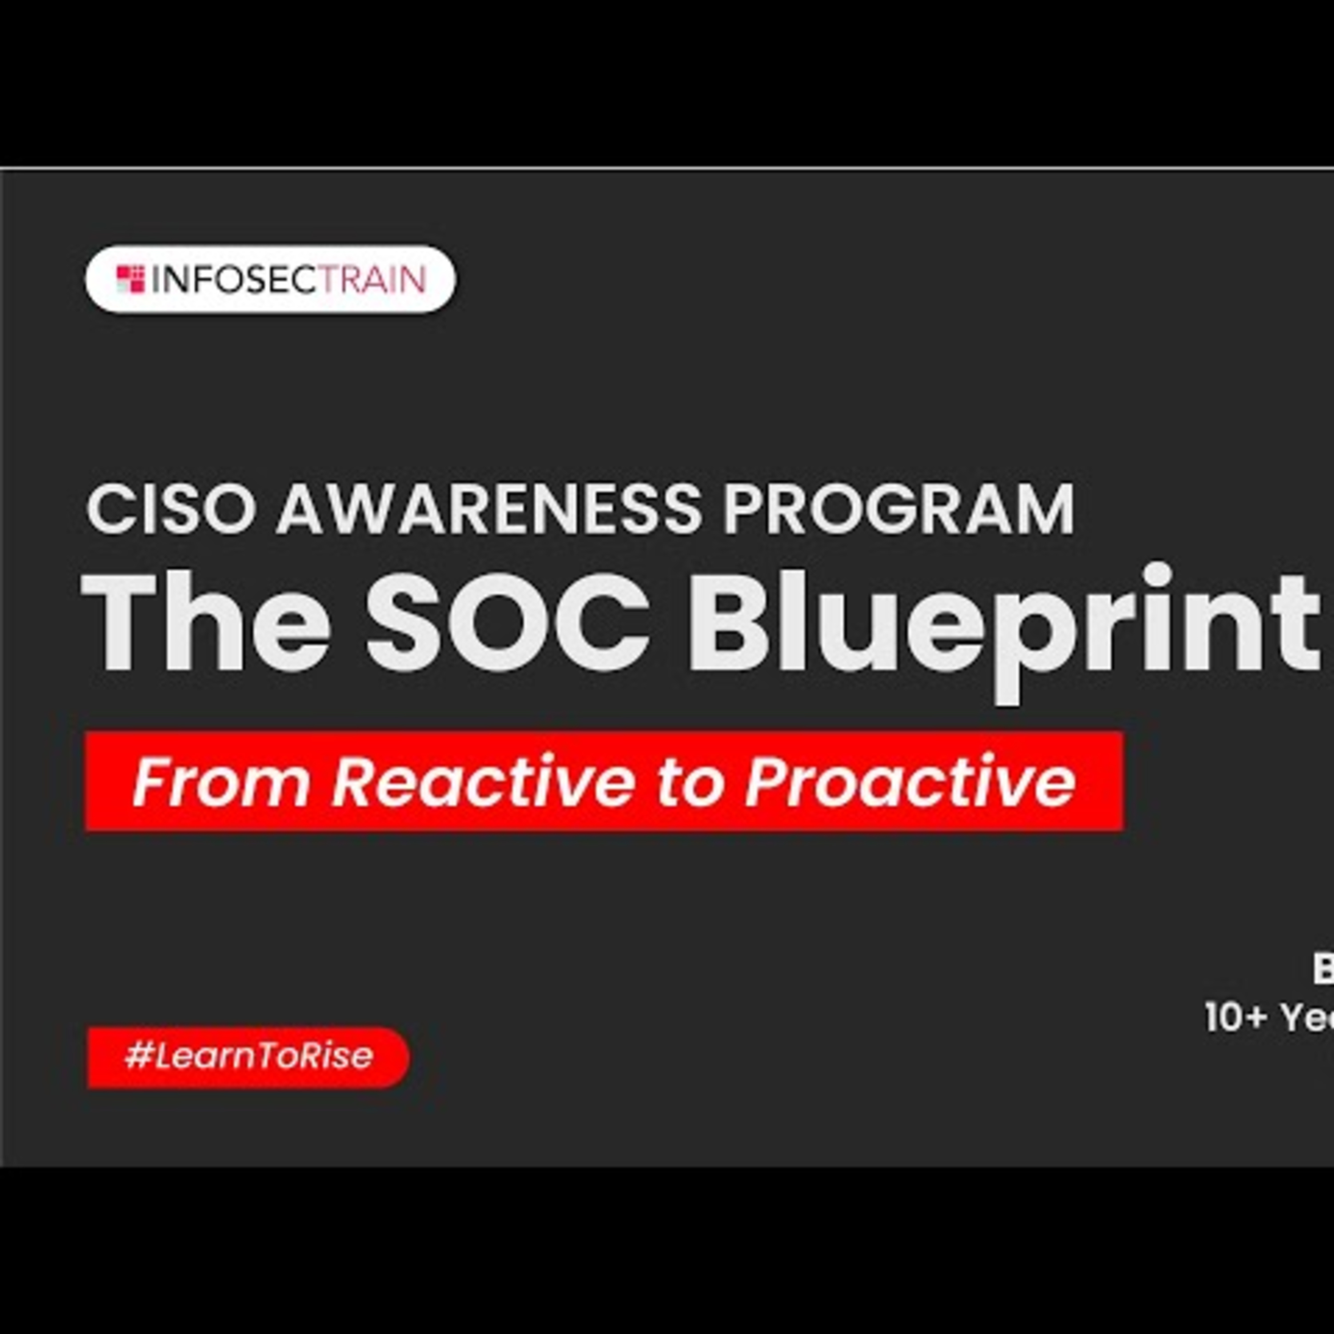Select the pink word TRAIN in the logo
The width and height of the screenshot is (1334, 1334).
tap(374, 280)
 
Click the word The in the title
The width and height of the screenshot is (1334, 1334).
tap(206, 622)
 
